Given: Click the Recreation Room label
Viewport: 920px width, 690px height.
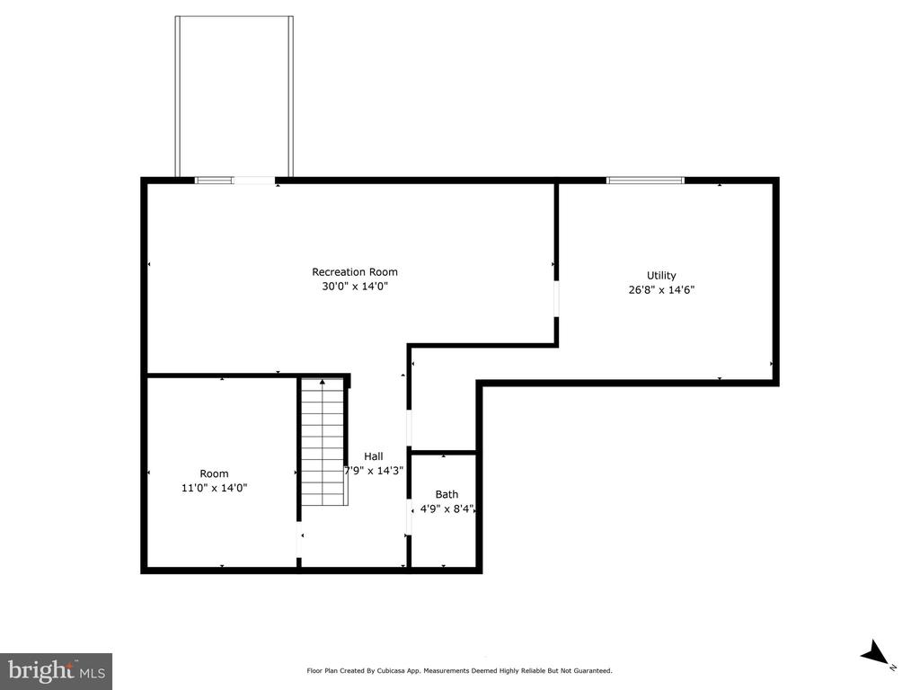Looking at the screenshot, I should click(354, 272).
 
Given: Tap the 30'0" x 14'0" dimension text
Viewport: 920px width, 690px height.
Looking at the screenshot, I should click(354, 287).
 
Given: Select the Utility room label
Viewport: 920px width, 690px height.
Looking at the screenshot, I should click(661, 276).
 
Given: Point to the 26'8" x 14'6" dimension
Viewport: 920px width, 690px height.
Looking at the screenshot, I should click(661, 290).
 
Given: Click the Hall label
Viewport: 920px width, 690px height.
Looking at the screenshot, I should click(373, 456).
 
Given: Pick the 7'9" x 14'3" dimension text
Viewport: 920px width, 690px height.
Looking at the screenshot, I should click(374, 470).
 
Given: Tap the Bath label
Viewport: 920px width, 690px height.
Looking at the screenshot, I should click(447, 494).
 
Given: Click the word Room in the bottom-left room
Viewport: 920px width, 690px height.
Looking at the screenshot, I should click(214, 473).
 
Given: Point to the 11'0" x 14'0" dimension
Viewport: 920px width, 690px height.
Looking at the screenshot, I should click(214, 488).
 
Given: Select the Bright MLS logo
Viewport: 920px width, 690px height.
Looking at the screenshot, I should click(56, 670).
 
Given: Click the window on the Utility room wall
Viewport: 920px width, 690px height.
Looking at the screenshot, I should click(645, 181).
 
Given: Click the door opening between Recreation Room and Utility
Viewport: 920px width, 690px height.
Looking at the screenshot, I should click(556, 298).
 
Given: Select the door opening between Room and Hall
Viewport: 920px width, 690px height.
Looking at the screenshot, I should click(299, 542).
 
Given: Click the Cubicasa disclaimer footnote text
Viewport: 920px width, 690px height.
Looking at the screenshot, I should click(459, 670).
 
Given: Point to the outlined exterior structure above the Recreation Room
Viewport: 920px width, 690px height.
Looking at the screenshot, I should click(234, 94).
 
